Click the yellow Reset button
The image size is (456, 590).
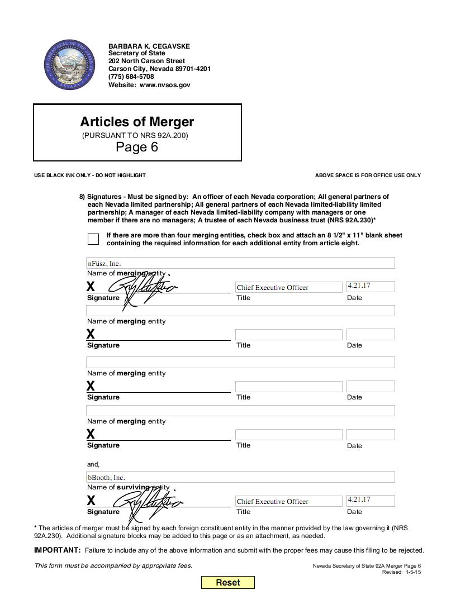point(227,582)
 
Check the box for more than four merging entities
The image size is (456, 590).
point(93,239)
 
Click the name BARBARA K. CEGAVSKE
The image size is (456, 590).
point(149,46)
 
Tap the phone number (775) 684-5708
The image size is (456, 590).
point(131,77)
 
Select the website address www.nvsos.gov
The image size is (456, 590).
point(165,85)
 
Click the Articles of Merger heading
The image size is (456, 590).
point(137,122)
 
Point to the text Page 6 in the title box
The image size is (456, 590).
point(137,147)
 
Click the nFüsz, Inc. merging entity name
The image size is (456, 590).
point(104,263)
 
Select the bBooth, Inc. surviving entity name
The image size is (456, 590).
point(106,477)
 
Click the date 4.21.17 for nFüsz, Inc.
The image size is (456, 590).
point(359,286)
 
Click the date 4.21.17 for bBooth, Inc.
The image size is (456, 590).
point(359,499)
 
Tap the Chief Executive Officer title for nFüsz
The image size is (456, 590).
point(273,287)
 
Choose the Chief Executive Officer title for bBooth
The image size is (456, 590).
point(273,501)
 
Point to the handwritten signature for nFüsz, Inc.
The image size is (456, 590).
point(142,288)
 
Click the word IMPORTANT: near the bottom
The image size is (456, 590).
point(58,550)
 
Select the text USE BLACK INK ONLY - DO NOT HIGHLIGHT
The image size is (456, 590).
point(90,175)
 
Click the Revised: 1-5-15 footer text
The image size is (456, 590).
point(401,572)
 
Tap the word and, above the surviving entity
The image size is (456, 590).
point(93,464)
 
